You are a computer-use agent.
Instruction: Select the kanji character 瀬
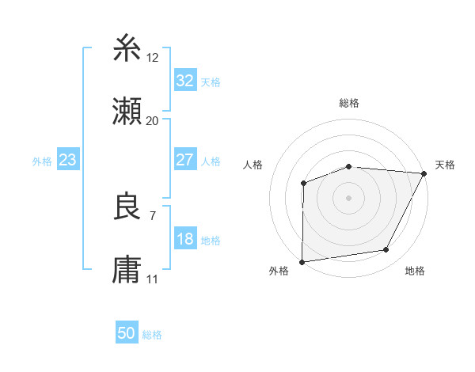pos(127,112)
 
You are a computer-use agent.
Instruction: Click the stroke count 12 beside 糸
pos(153,57)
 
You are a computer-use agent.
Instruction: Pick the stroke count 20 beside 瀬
pos(153,120)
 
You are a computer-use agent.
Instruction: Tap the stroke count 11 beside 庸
pos(153,279)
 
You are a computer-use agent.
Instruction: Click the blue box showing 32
pos(184,81)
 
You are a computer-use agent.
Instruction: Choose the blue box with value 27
pos(184,160)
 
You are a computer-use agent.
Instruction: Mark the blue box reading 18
pos(184,239)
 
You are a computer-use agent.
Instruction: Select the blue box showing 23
pos(68,160)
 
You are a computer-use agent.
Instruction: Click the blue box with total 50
pos(127,333)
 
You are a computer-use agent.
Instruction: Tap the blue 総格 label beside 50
pos(152,335)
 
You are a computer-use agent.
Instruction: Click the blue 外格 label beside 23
pos(42,161)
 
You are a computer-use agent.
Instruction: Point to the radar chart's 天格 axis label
pos(445,165)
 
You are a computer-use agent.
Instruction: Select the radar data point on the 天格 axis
pos(424,173)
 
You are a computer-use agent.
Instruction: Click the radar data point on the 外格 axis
pos(302,261)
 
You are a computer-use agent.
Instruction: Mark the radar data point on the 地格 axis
pos(386,250)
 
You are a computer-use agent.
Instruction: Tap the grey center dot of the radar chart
pos(348,197)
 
